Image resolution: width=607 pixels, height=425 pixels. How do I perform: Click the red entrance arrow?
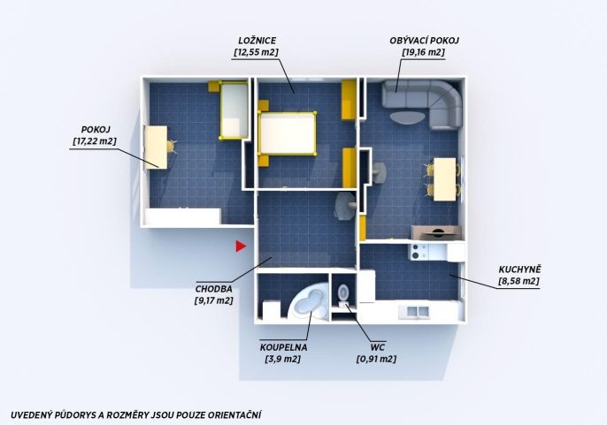click(x=241, y=247)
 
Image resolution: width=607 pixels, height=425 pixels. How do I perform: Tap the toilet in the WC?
click(x=343, y=293)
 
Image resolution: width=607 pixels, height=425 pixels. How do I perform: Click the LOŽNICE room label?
click(x=257, y=41)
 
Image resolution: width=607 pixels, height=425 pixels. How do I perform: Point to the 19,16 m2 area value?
click(x=424, y=52)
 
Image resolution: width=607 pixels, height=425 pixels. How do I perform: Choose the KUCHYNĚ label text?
click(x=519, y=269)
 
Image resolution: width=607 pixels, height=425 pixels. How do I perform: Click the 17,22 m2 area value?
click(x=95, y=141)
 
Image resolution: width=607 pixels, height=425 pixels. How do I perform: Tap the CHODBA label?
click(x=214, y=289)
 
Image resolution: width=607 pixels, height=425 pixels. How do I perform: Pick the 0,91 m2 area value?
click(x=376, y=360)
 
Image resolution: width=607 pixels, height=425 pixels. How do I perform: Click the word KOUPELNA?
click(x=284, y=347)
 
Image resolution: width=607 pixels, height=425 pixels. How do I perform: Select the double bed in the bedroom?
click(x=288, y=133)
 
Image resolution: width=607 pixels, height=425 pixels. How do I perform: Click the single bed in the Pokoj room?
click(x=234, y=110)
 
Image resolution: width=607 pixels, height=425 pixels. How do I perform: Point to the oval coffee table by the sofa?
click(x=407, y=118)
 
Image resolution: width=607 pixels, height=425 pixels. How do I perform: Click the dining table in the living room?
click(x=444, y=179)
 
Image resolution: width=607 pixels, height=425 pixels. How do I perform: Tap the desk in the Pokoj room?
click(x=157, y=148)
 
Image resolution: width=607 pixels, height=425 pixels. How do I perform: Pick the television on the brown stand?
click(x=437, y=232)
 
